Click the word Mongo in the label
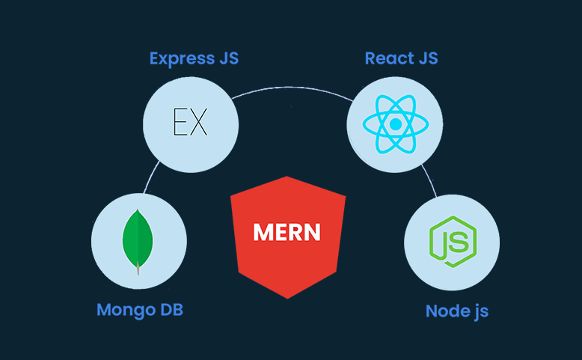(123, 309)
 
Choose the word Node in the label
(447, 311)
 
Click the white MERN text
(287, 232)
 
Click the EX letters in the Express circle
(190, 123)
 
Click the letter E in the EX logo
(180, 123)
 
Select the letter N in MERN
(312, 232)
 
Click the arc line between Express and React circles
(292, 88)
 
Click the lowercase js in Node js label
(479, 311)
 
